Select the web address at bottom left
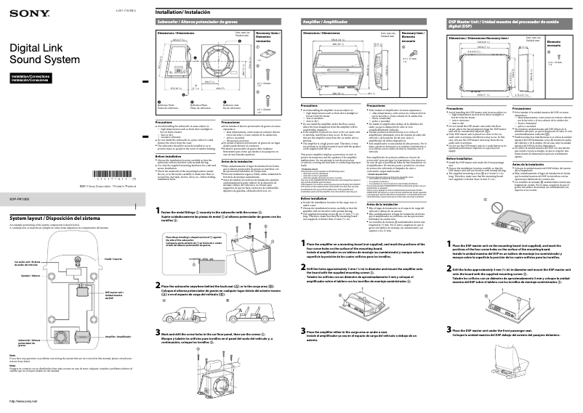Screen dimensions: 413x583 coord(23,401)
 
